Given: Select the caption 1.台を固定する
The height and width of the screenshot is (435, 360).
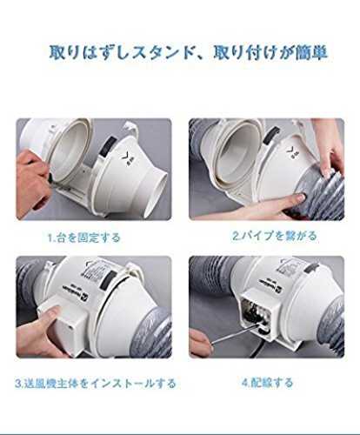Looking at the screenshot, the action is click(x=83, y=238).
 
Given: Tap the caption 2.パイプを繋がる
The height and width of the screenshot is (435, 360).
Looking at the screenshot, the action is click(x=274, y=236).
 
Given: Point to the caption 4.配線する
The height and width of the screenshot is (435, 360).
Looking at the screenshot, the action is click(x=267, y=383).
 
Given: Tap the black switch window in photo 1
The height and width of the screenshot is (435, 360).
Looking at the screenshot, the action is click(x=109, y=147).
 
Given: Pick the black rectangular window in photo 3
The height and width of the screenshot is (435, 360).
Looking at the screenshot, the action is click(x=107, y=281).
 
